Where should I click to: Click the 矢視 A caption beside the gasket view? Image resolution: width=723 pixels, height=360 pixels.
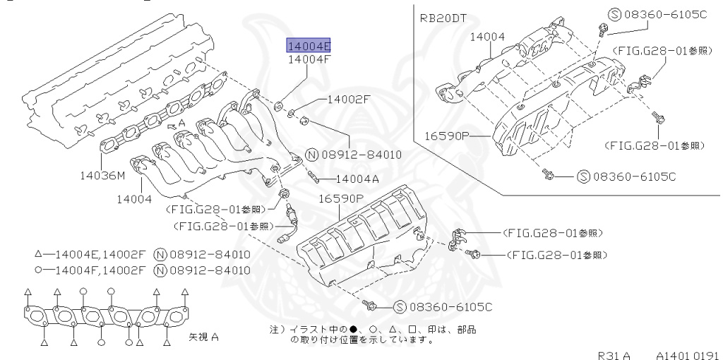pyautogui.click(x=203, y=337)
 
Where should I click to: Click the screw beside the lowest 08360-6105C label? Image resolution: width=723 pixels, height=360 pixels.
pyautogui.click(x=370, y=305)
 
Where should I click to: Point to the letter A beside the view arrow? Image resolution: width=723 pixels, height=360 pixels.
pyautogui.click(x=182, y=122)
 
